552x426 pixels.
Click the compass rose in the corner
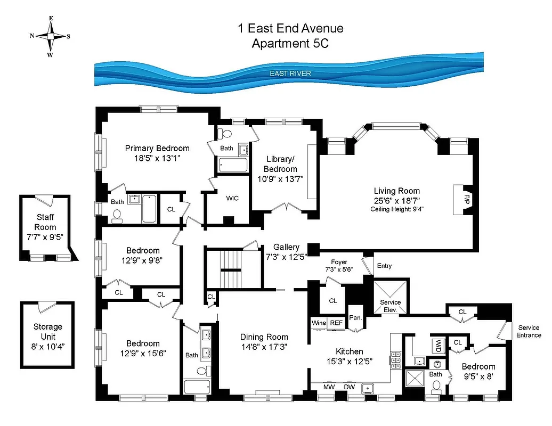pyautogui.click(x=50, y=36)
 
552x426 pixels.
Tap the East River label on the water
pyautogui.click(x=290, y=73)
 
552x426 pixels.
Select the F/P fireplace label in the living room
pyautogui.click(x=466, y=200)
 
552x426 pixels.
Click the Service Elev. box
pyautogui.click(x=391, y=299)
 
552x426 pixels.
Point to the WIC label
pyautogui.click(x=232, y=198)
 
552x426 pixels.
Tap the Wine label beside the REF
pyautogui.click(x=319, y=323)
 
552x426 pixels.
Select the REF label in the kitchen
pyautogui.click(x=336, y=323)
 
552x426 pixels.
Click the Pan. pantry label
pyautogui.click(x=355, y=318)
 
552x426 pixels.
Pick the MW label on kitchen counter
pyautogui.click(x=329, y=387)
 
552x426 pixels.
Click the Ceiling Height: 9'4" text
pyautogui.click(x=397, y=209)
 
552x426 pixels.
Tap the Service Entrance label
pyautogui.click(x=529, y=331)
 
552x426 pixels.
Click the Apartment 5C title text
pyautogui.click(x=290, y=44)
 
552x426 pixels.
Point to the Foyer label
pyautogui.click(x=339, y=262)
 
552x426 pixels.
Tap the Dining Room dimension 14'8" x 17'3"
pyautogui.click(x=264, y=346)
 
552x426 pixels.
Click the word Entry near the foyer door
pyautogui.click(x=384, y=266)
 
